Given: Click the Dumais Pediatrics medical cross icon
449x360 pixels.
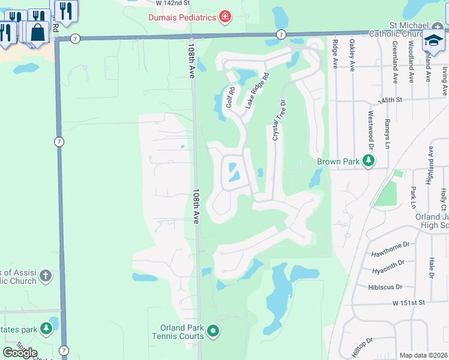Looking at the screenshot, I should pyautogui.click(x=225, y=17).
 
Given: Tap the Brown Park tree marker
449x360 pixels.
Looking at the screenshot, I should pyautogui.click(x=368, y=161).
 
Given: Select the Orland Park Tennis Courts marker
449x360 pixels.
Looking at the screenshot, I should pyautogui.click(x=212, y=331).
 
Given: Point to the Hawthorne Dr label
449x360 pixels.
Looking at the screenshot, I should pyautogui.click(x=390, y=244).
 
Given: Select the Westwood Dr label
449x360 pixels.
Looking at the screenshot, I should pyautogui.click(x=370, y=124).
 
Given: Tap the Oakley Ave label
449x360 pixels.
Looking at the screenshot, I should pyautogui.click(x=352, y=55).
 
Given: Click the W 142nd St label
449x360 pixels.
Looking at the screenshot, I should pyautogui.click(x=172, y=2).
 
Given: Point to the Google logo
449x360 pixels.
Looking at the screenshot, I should pyautogui.click(x=20, y=352).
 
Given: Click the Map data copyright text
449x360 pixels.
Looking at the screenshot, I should pyautogui.click(x=423, y=355).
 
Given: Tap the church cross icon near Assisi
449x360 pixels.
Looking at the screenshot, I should pyautogui.click(x=46, y=277).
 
